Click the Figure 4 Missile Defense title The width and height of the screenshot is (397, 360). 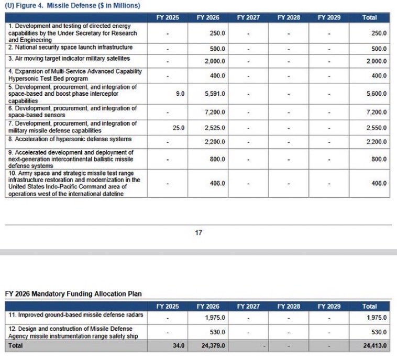[72, 5]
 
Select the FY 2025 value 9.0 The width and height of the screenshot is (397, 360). [180, 94]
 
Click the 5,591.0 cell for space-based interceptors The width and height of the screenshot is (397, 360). [214, 94]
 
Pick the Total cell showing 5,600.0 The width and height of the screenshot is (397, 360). [376, 94]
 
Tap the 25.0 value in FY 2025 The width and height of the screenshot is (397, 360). [178, 128]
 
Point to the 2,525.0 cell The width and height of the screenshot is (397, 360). [214, 128]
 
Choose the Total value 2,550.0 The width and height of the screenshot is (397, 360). [376, 128]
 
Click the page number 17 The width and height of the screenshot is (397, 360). [198, 233]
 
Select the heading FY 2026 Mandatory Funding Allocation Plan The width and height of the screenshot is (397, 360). [73, 294]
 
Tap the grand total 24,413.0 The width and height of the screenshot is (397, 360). [374, 346]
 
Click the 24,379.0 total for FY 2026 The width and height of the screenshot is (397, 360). [213, 346]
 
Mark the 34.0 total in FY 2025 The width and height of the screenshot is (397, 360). [178, 346]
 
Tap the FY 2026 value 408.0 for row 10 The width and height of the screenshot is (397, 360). [217, 184]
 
